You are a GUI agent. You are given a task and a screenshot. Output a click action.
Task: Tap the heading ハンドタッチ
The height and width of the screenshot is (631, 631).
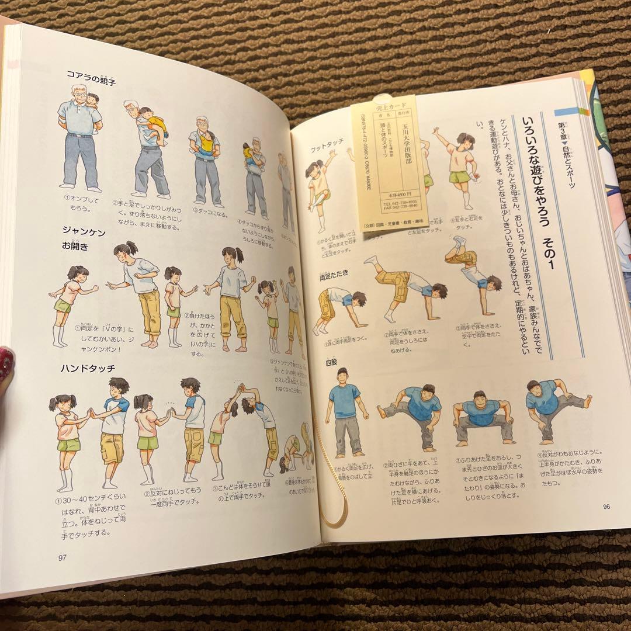tap(87, 367)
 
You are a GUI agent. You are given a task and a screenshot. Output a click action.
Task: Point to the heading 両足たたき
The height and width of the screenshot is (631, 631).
tap(334, 274)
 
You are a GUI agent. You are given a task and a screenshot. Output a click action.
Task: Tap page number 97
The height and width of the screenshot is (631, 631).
tap(63, 556)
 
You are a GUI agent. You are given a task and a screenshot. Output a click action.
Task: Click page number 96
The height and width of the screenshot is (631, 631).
tap(606, 506)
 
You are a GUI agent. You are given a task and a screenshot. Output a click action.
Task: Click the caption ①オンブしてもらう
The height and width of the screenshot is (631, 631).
tap(81, 202)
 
